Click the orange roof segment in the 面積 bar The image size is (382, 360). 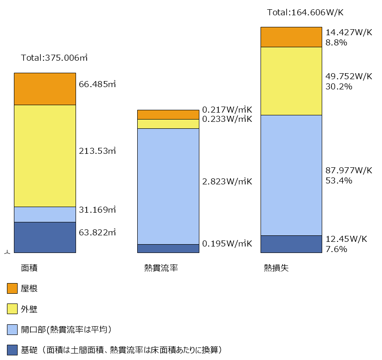tap(45, 89)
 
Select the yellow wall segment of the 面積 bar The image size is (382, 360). tap(45, 156)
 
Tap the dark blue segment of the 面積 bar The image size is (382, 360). tap(45, 237)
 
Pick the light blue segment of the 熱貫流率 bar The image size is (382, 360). tap(168, 186)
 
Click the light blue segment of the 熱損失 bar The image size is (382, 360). tap(291, 175)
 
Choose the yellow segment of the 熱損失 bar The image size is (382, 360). tap(291, 81)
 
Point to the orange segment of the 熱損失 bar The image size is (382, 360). tap(291, 37)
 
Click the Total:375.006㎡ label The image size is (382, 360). tap(54, 58)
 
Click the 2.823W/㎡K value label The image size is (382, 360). tap(227, 181)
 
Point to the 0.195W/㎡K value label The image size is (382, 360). tap(227, 244)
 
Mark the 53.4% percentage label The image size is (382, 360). tap(339, 180)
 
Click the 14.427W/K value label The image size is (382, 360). tap(349, 32)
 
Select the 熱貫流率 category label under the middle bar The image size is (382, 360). tap(161, 268)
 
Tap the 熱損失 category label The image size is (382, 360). tap(276, 268)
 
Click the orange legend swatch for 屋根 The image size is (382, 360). tap(12, 289)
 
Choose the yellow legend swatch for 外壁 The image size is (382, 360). tap(12, 309)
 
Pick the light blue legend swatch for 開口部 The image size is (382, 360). tap(12, 329)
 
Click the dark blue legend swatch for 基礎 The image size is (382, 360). tap(12, 350)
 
